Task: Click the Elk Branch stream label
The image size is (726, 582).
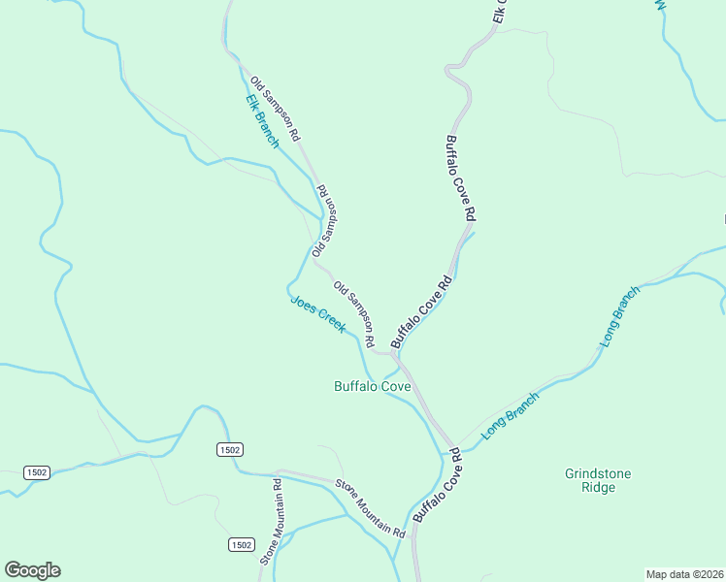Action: (x=262, y=121)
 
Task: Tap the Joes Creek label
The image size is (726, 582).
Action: (x=317, y=314)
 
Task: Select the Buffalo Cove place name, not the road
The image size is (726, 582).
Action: (x=372, y=386)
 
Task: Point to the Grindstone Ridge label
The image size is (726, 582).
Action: (x=598, y=480)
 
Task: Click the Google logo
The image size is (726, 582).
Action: (x=32, y=570)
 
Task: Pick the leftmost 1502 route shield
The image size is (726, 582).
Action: (x=37, y=471)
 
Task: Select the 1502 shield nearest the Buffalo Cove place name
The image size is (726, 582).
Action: (x=230, y=449)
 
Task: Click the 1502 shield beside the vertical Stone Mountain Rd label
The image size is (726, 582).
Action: (x=242, y=544)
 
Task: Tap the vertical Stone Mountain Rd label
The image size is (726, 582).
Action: (x=270, y=522)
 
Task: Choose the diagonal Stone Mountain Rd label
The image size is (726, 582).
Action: (x=370, y=508)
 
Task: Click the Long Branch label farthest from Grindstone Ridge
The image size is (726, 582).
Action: (x=620, y=317)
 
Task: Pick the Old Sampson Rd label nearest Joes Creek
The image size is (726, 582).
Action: (x=354, y=315)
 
